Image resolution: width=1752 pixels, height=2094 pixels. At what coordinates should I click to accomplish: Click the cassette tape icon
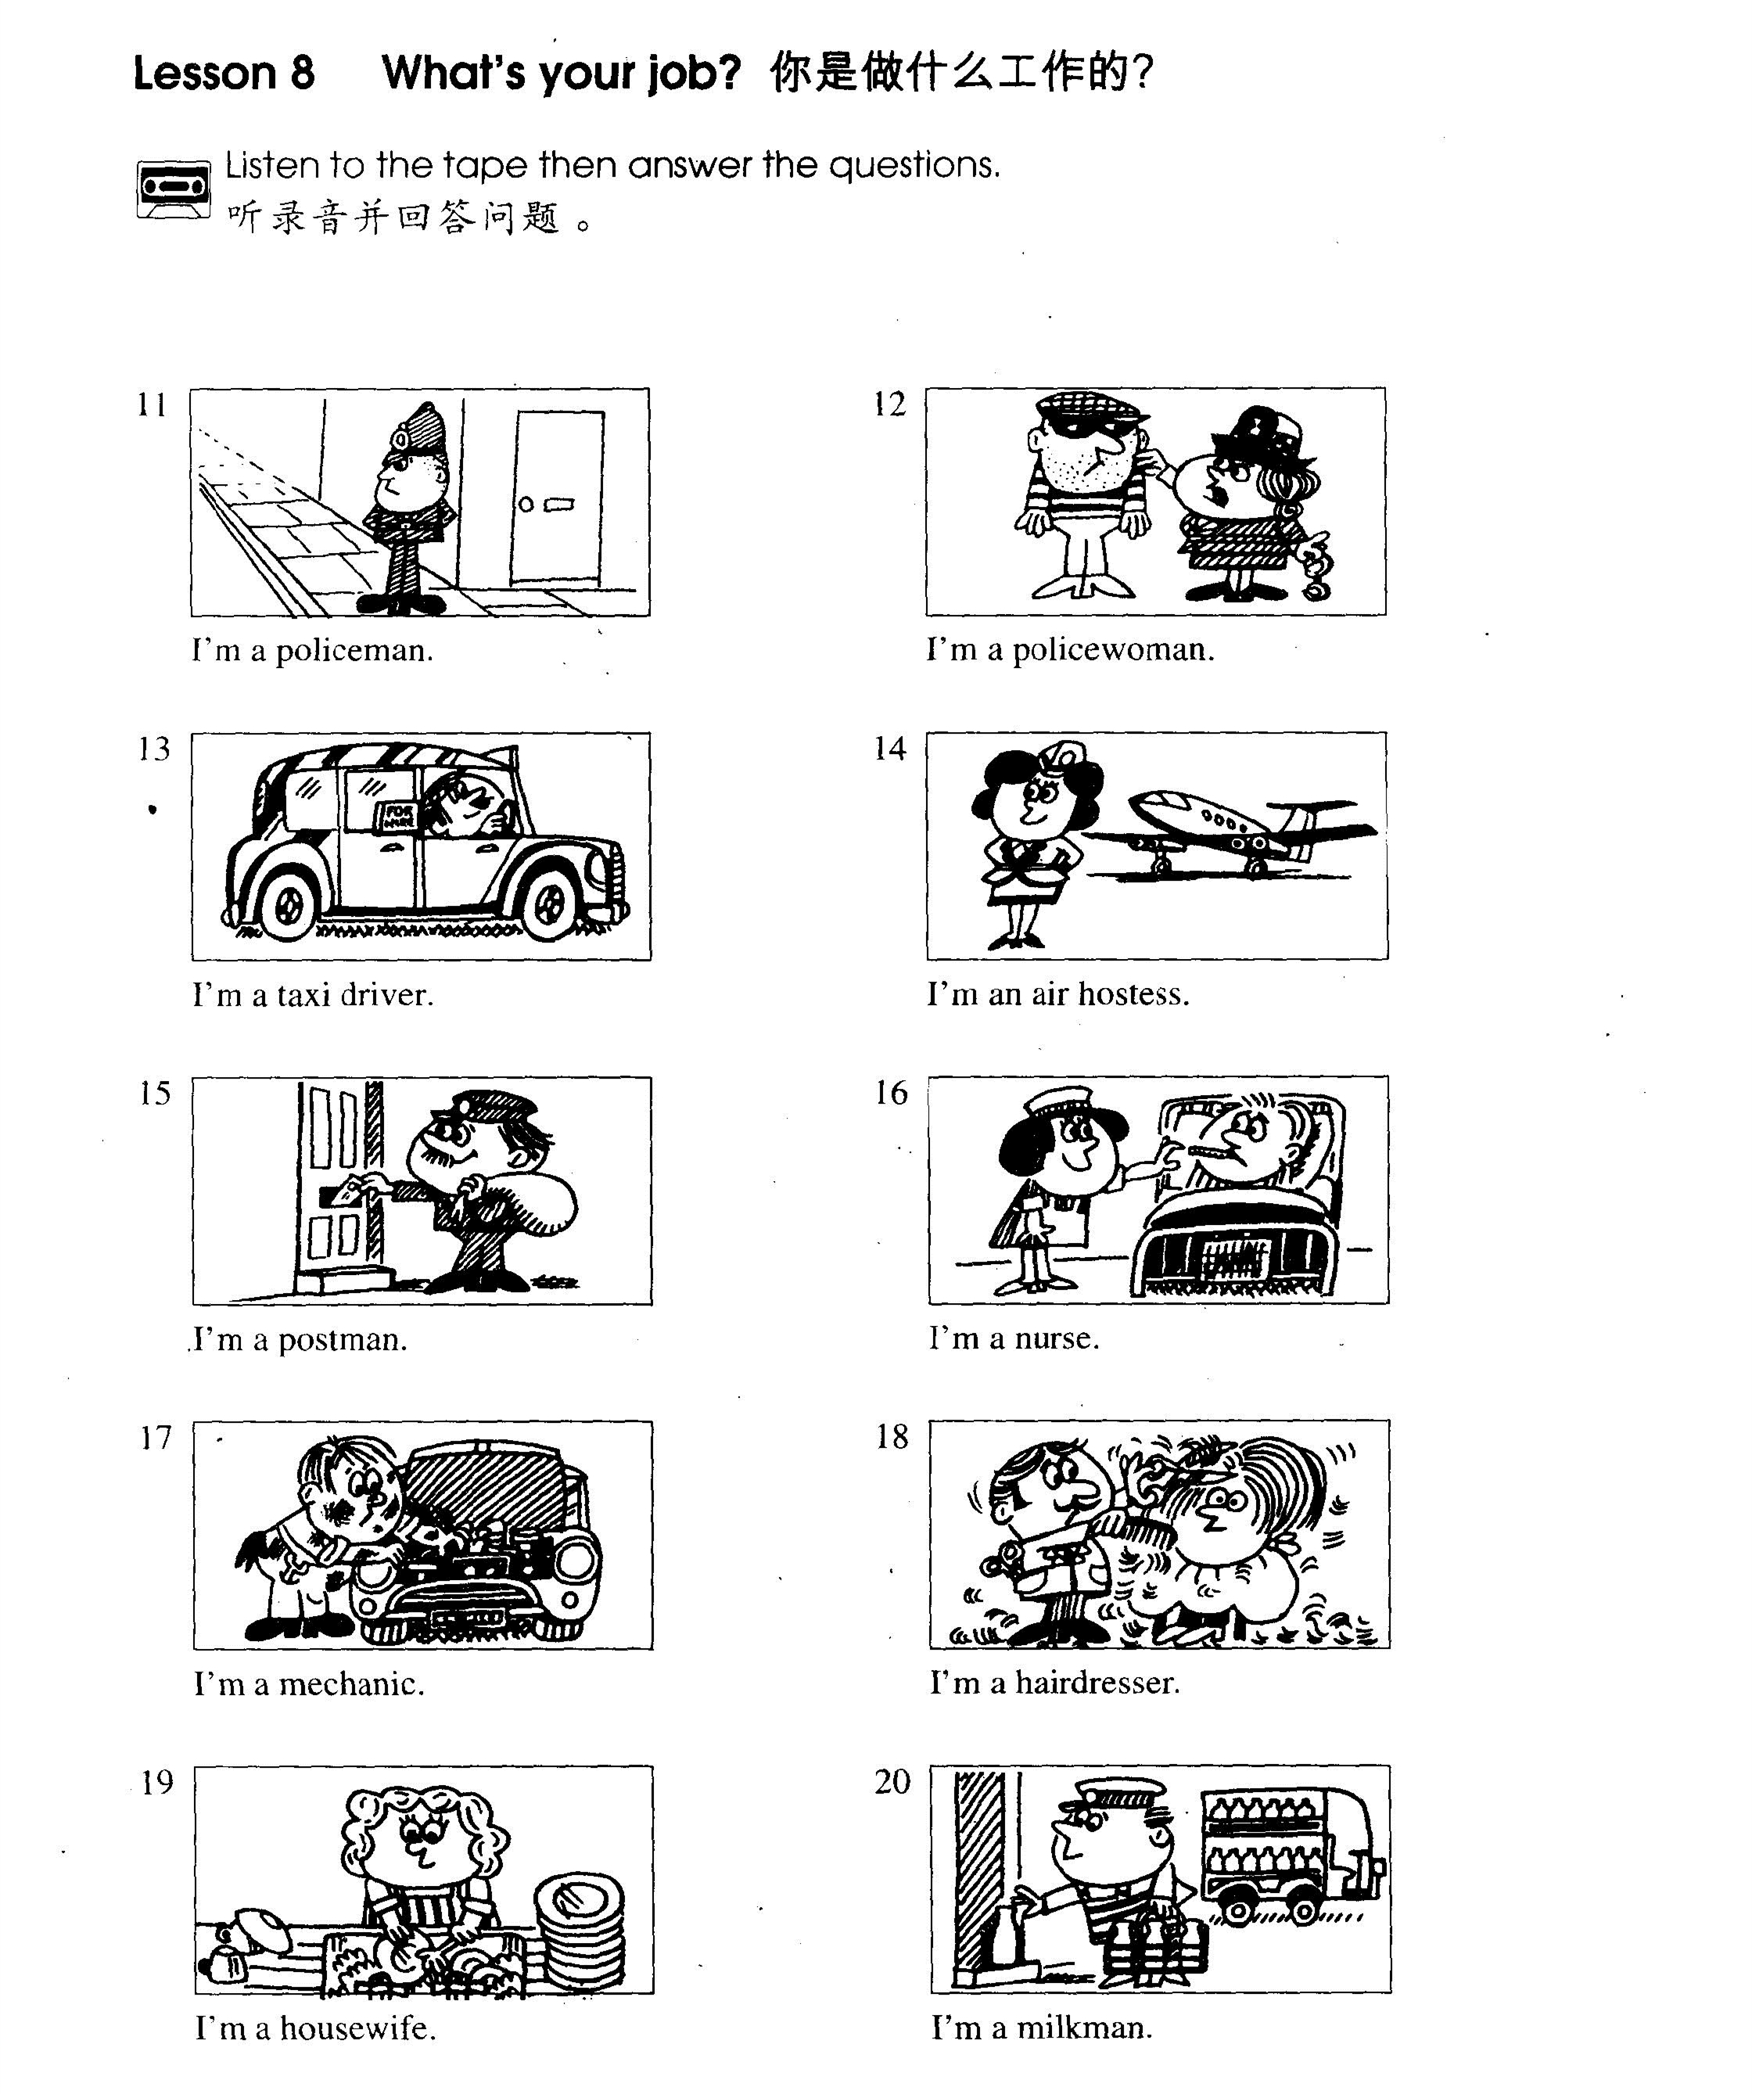[x=174, y=188]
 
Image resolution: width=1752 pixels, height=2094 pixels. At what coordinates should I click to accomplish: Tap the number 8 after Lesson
[x=302, y=73]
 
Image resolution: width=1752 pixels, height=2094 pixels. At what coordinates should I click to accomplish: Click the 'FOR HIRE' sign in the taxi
[x=395, y=817]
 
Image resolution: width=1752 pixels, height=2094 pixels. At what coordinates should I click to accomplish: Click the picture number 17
[x=156, y=1437]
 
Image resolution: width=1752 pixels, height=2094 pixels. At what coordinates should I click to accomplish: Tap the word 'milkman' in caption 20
[x=1084, y=2028]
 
